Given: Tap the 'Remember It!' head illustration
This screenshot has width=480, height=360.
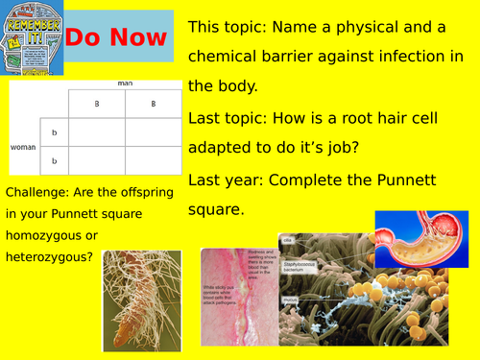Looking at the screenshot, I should (x=32, y=37).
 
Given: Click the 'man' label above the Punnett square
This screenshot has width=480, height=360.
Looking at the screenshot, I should (x=125, y=84).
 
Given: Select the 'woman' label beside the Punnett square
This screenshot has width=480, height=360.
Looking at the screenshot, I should (x=22, y=147).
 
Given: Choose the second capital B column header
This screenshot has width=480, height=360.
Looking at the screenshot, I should (x=154, y=103).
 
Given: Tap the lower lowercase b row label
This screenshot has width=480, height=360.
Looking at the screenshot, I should (x=54, y=160).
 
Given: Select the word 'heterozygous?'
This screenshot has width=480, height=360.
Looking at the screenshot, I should (x=49, y=255).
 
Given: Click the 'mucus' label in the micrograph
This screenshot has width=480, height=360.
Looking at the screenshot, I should (x=290, y=300).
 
